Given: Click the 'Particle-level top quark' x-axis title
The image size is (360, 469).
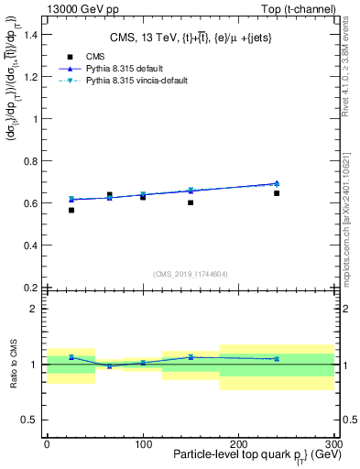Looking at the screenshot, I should coord(241,455).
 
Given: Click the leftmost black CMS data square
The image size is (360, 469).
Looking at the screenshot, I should coord(71,210).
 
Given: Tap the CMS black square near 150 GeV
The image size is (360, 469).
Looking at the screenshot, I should coord(191,202).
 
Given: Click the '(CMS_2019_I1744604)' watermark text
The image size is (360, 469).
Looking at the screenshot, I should coord(190,273).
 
